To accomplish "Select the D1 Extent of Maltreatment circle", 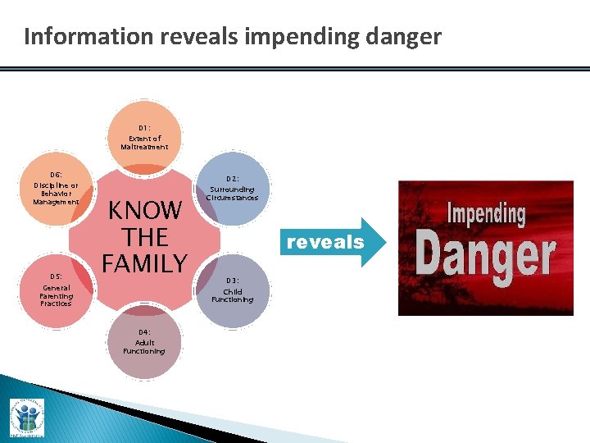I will pyautogui.click(x=144, y=136).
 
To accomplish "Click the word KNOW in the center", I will pyautogui.click(x=144, y=211).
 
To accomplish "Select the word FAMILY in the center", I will pyautogui.click(x=144, y=263).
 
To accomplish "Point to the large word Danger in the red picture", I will pyautogui.click(x=485, y=255).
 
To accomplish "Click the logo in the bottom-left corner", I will pyautogui.click(x=26, y=418).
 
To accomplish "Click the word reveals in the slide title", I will pyautogui.click(x=196, y=37).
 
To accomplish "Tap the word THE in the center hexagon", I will pyautogui.click(x=144, y=237).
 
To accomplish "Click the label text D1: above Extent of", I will pyautogui.click(x=144, y=128).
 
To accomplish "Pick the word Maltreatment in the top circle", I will pyautogui.click(x=144, y=148).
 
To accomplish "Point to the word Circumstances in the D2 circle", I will pyautogui.click(x=233, y=198).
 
